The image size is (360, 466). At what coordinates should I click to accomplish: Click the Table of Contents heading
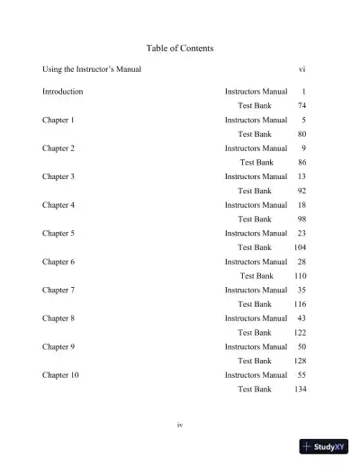tap(179, 48)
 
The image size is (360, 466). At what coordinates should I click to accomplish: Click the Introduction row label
tap(63, 92)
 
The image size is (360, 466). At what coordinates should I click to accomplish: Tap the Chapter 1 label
tap(58, 120)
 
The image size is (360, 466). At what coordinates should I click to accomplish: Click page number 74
tap(301, 106)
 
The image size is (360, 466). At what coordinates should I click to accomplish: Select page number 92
tap(301, 191)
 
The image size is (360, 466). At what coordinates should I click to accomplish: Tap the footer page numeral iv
tap(180, 425)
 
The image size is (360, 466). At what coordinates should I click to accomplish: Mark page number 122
tap(301, 332)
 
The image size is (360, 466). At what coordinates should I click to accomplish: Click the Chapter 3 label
tap(58, 176)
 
